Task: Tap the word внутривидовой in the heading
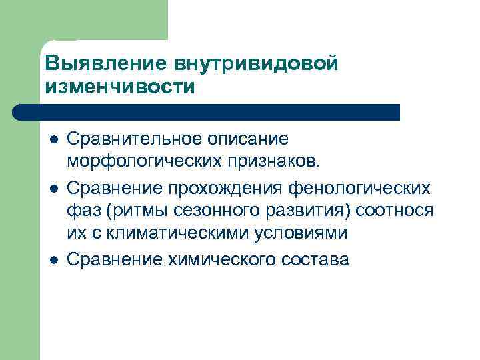[x=257, y=63]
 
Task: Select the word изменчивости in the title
[x=120, y=87]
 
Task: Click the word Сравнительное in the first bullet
[x=137, y=139]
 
